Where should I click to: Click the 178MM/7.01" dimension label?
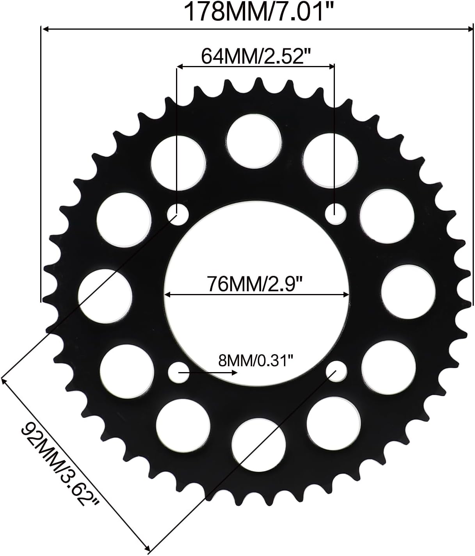(260, 12)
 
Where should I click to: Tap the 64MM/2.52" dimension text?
(256, 56)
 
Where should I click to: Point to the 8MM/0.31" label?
(255, 361)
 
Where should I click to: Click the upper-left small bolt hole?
(178, 214)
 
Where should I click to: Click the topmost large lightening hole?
(254, 142)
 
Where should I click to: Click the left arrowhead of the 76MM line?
(167, 295)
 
